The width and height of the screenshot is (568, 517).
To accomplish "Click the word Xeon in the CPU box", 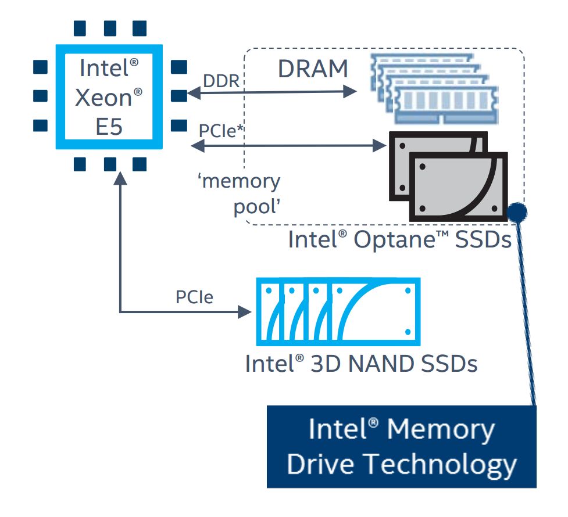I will [x=103, y=97].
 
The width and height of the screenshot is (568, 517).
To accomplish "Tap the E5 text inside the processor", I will [x=108, y=127].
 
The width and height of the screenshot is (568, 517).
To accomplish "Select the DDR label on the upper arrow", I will [x=221, y=81].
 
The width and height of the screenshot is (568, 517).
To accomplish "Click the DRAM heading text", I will [x=313, y=69].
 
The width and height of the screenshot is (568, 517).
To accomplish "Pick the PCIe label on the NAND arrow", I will [x=194, y=298].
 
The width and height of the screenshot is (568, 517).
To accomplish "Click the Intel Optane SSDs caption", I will [x=399, y=239].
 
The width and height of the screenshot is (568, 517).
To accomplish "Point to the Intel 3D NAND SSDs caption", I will [x=360, y=364].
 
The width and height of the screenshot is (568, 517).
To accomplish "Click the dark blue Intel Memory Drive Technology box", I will [x=401, y=446].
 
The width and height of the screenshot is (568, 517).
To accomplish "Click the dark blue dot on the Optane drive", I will [x=516, y=213].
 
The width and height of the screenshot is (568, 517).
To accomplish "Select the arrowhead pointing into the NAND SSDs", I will [x=245, y=312].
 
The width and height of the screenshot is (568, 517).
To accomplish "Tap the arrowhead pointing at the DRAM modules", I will [x=350, y=91].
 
